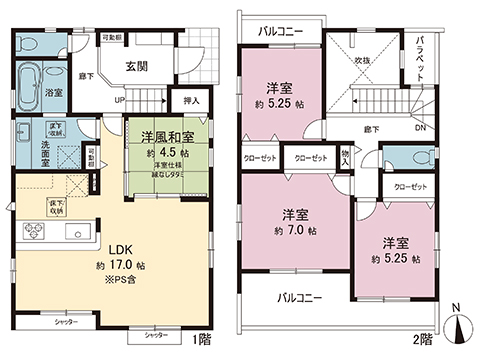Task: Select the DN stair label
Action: click(x=419, y=126)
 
